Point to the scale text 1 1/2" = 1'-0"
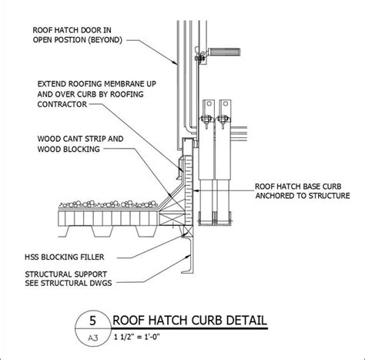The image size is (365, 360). (x=144, y=336)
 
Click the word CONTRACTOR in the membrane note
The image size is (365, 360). (x=54, y=110)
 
